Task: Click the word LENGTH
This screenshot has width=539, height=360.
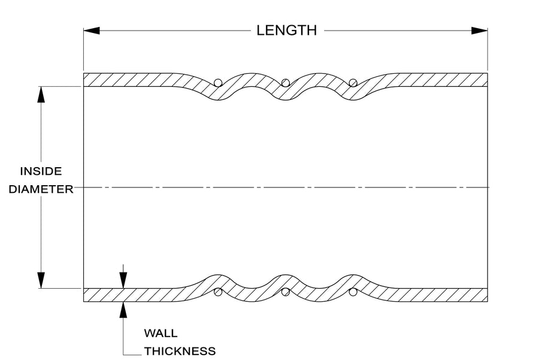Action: coord(286,31)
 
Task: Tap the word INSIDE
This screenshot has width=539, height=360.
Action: coord(41,171)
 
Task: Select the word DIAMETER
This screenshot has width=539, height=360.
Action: coord(41,189)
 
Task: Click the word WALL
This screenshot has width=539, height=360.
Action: coord(161,333)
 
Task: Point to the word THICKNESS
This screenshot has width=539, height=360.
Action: coord(180,351)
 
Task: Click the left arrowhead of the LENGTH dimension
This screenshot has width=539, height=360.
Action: coord(92,31)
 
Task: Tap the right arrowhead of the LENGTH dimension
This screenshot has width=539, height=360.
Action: coord(479,31)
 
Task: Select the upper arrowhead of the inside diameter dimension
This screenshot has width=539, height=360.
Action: coord(41,95)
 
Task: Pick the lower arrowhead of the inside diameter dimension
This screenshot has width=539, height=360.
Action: coord(41,280)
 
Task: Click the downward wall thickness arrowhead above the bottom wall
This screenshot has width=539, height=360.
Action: coord(123,280)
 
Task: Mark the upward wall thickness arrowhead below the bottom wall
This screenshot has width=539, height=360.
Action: coord(123,310)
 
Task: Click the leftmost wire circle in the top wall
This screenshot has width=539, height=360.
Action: coord(218,83)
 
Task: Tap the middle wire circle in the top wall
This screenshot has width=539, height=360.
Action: coord(285,83)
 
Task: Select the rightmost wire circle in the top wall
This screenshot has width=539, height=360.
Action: coord(353,83)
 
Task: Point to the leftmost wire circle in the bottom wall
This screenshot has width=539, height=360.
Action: coord(218,292)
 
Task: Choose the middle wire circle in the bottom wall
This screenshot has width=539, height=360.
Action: coord(285,292)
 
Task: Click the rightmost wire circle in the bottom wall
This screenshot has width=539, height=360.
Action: coord(353,292)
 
